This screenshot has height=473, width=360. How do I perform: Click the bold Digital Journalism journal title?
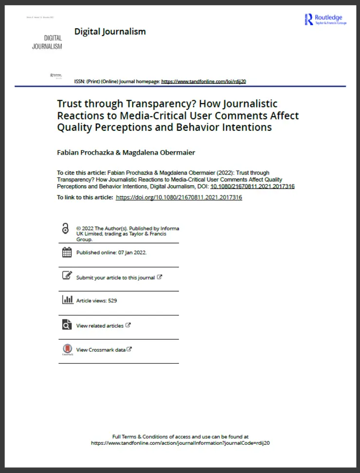pos(110,32)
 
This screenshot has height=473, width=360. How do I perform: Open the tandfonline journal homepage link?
pos(203,81)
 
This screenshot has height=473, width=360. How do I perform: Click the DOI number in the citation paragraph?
pos(252,186)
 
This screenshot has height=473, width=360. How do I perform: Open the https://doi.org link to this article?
pos(179,197)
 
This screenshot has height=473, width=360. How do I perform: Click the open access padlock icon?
pos(66,229)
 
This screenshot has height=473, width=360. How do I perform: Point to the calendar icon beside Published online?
pos(67,252)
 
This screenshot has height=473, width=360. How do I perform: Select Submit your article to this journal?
pos(115,278)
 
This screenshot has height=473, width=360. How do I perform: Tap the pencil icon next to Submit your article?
pos(67,276)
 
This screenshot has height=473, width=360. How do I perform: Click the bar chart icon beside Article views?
pos(67,299)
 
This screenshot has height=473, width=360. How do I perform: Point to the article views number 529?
pos(112,300)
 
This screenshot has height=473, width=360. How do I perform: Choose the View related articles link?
pos(100,326)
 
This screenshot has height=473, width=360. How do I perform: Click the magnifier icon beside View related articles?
pos(67,325)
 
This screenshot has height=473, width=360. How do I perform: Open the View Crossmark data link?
pos(101,350)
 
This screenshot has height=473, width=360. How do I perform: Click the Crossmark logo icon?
pos(67,350)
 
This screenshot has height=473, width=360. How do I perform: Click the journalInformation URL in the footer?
pos(180,443)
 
